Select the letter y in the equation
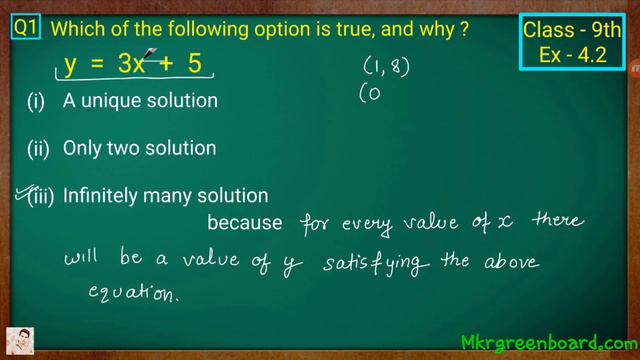[x=70, y=67]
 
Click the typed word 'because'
[x=239, y=222]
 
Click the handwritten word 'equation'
[x=133, y=294]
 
